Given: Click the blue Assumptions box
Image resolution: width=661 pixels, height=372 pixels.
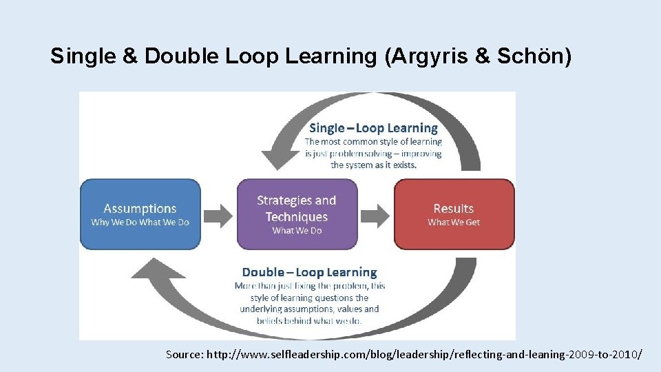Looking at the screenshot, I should [140, 214].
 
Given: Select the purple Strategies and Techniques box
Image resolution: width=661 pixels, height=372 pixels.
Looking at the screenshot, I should [297, 214].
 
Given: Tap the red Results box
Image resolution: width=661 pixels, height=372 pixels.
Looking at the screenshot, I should [454, 214].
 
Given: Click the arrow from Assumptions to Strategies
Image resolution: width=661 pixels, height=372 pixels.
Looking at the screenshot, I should [219, 215].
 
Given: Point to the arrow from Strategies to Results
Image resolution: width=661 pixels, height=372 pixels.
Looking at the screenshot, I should [375, 215].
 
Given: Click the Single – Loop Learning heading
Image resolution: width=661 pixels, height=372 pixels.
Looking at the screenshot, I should [373, 128].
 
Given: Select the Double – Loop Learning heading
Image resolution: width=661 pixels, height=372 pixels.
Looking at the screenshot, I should [309, 272].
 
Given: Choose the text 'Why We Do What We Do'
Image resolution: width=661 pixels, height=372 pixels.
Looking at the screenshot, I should [140, 223].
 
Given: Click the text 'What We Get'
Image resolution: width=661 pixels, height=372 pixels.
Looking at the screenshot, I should [454, 223].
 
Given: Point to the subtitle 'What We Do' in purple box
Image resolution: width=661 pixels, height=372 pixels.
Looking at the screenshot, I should [297, 231].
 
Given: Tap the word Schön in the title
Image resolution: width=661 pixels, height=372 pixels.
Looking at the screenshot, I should [541, 56].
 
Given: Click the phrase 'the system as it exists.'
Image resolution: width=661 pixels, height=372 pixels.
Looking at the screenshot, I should [376, 165].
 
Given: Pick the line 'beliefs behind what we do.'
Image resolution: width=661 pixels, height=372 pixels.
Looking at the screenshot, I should [309, 321].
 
